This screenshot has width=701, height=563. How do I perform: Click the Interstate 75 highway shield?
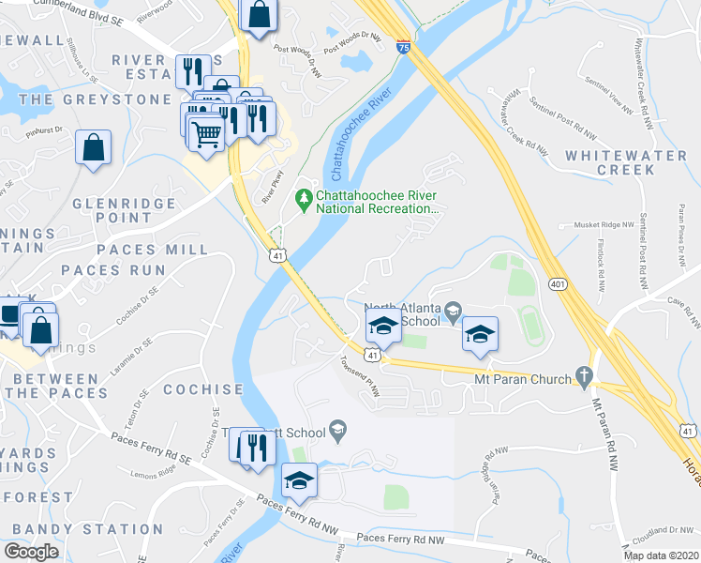(x=402, y=46)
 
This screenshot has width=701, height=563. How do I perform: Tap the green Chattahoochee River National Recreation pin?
(x=303, y=198)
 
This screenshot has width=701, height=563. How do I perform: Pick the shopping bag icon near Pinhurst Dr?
(x=93, y=147)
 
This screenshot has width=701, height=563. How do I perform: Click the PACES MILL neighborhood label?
(x=152, y=250)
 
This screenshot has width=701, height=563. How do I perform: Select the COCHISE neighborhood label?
(x=202, y=388)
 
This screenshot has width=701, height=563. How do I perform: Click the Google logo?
(x=32, y=552)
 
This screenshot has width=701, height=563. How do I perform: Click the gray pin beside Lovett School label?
(x=339, y=432)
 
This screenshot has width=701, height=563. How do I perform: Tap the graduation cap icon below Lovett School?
(x=299, y=480)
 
